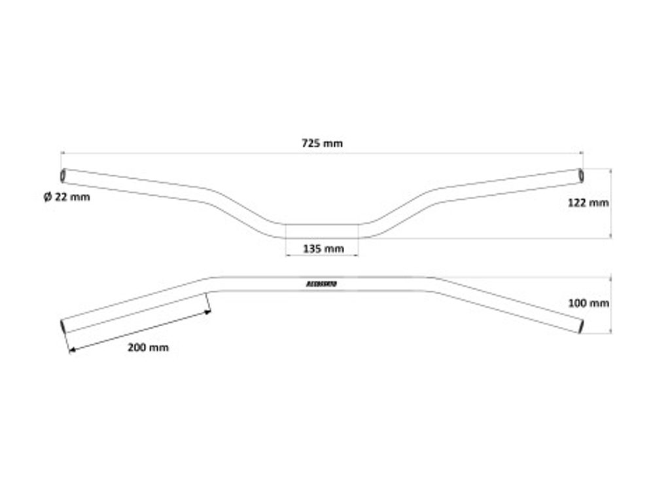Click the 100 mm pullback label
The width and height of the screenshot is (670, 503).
point(590,303)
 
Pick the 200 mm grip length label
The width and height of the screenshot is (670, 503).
point(148,347)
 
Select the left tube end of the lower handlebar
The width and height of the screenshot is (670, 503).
point(63,326)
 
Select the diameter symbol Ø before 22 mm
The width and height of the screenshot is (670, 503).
point(48,197)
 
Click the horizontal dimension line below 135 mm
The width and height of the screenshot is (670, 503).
point(323,255)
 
